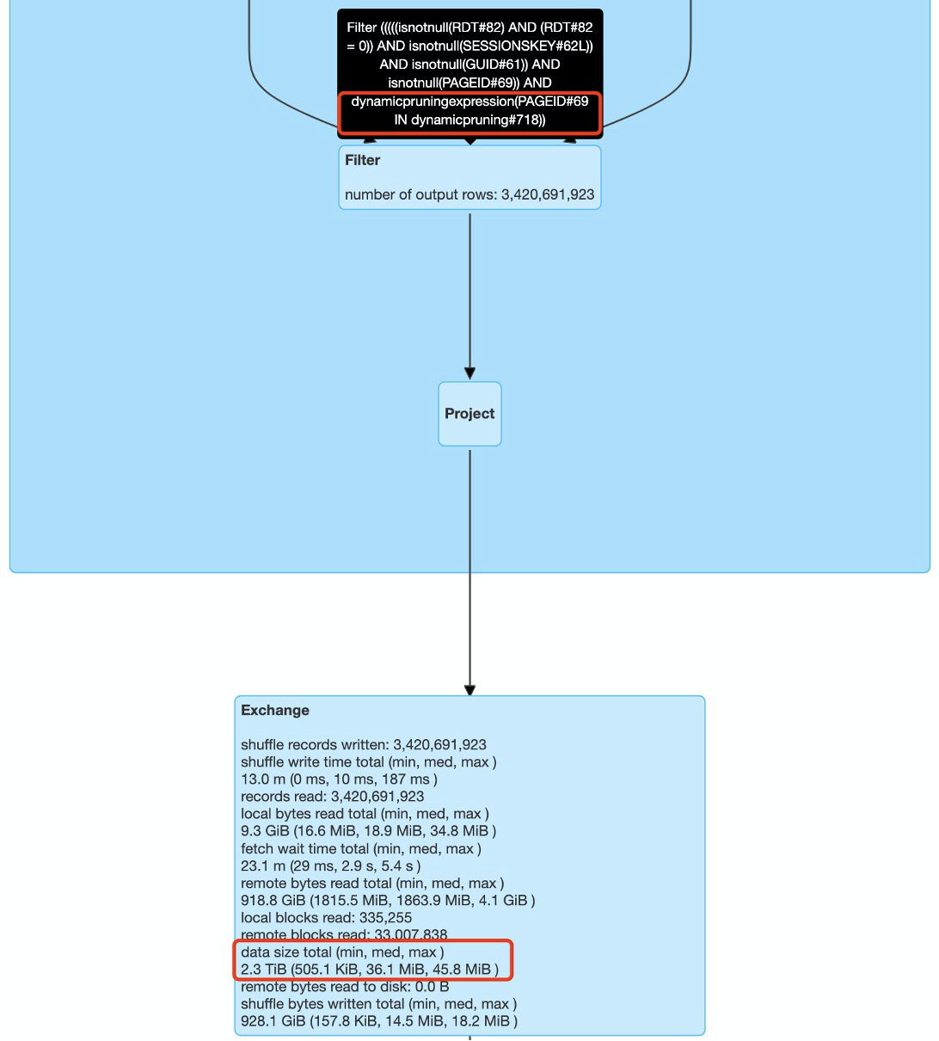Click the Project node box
[470, 414]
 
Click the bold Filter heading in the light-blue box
[362, 160]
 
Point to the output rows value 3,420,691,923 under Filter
[548, 194]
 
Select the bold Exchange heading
[275, 711]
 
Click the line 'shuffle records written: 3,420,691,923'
[364, 745]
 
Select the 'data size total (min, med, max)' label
[342, 952]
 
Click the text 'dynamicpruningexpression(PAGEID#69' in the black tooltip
[470, 102]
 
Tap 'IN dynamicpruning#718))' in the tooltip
[470, 120]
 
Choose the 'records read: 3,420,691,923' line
[332, 797]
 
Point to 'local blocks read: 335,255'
[326, 918]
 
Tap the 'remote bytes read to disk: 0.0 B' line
[345, 987]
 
